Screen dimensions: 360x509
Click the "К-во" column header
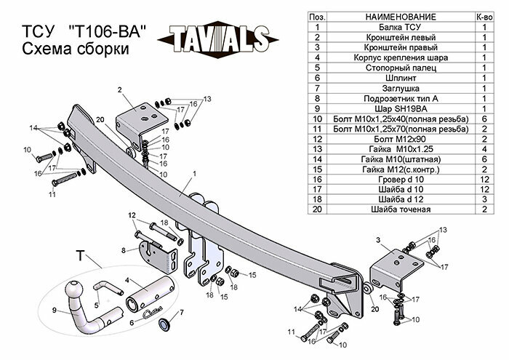click(x=484, y=16)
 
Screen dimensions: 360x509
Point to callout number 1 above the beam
click(x=196, y=174)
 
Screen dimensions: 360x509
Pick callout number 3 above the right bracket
click(x=378, y=239)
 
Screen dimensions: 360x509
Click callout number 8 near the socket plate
click(x=124, y=250)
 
